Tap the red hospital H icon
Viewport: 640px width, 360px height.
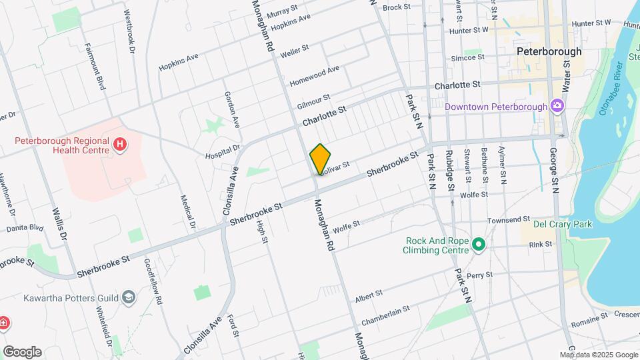point(120,144)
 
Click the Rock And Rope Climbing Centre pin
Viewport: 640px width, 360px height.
point(478,245)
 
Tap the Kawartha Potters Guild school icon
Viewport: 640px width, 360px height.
point(128,297)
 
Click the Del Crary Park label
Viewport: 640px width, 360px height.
point(562,225)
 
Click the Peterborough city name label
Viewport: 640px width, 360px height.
point(549,51)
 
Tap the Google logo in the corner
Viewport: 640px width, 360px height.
point(22,352)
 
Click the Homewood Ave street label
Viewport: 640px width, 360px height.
point(315,75)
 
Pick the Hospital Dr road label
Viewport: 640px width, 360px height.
point(222,152)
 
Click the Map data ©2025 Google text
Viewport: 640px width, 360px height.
point(599,355)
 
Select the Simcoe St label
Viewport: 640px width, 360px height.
point(467,58)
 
